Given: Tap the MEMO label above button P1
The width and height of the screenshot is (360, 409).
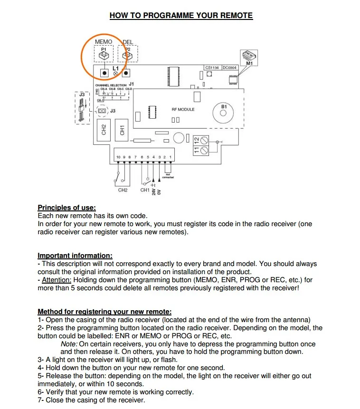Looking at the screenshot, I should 104,42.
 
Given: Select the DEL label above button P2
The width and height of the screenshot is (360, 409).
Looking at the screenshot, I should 128,42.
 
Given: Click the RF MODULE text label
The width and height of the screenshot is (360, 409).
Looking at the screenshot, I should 183,109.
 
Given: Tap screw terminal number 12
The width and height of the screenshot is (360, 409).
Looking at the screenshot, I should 205,140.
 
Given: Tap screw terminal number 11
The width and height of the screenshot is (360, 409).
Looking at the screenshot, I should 205,150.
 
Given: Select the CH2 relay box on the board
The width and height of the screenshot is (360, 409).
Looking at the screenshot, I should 104,129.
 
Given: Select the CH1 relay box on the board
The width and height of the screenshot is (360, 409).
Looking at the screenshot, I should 122,129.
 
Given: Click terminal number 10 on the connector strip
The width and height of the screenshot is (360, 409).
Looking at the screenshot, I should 118,157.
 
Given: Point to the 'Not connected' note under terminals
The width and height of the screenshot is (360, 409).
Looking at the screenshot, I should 169,176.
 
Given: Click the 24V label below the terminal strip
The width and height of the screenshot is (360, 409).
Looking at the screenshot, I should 154,191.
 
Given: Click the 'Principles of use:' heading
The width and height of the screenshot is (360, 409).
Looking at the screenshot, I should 66,208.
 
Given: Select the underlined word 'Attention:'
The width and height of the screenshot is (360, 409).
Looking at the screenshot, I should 56,280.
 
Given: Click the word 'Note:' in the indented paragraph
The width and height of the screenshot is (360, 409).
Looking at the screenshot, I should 69,344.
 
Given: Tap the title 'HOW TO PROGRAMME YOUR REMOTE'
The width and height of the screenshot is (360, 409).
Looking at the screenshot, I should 181,15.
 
